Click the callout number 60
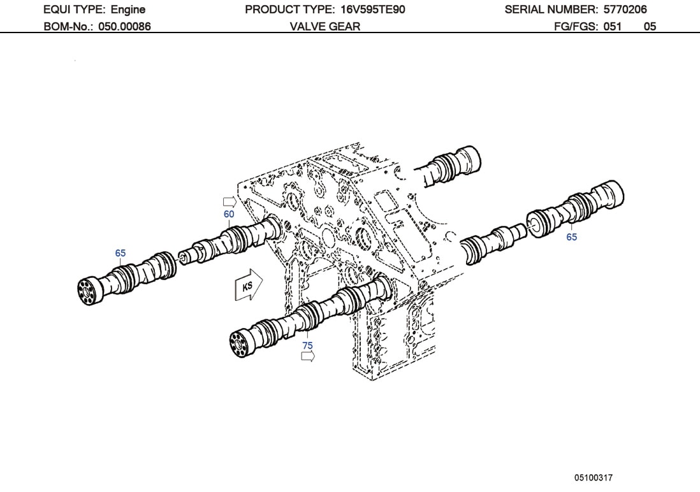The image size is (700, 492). point(229,214)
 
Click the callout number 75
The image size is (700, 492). point(307,345)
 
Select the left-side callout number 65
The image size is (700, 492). point(120,253)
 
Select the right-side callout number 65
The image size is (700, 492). point(571,237)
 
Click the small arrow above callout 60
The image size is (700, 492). point(230,202)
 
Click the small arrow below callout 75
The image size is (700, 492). point(308,357)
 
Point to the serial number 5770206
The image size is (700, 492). point(625,10)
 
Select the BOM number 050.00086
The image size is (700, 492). point(124,26)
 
